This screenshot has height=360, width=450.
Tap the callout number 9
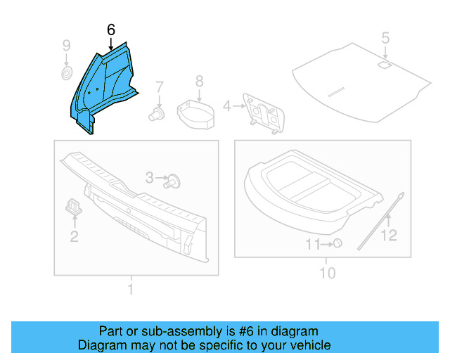click(x=67, y=46)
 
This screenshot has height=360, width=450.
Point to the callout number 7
click(x=160, y=88)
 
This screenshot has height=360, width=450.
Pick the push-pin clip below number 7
click(x=156, y=114)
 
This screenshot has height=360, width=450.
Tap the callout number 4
click(x=226, y=106)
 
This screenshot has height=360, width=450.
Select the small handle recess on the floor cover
click(x=385, y=65)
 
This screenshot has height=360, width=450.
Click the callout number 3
click(x=150, y=178)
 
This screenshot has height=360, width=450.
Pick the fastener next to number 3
click(x=173, y=181)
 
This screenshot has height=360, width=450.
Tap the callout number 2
click(x=74, y=236)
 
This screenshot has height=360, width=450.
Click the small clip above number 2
click(x=74, y=205)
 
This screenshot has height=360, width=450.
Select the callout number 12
click(x=389, y=236)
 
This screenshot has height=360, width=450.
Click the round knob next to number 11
click(x=337, y=243)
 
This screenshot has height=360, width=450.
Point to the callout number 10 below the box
click(x=328, y=272)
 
